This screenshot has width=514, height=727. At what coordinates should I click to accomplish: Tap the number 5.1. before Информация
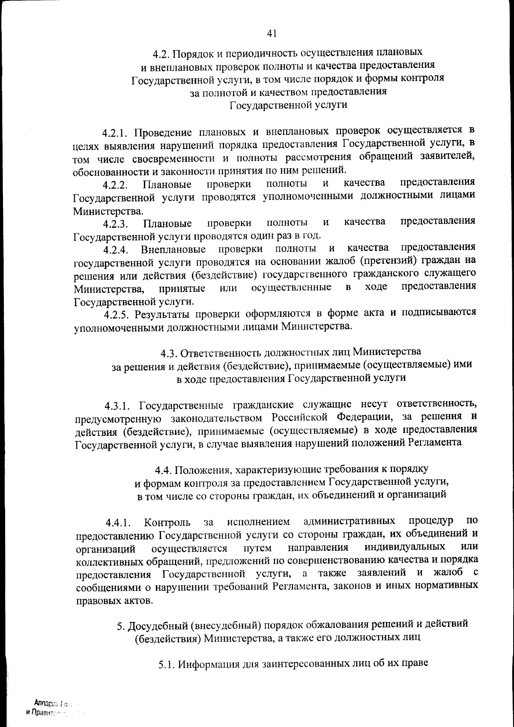[x=166, y=665]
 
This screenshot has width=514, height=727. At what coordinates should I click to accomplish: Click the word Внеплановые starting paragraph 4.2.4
[x=173, y=249]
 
